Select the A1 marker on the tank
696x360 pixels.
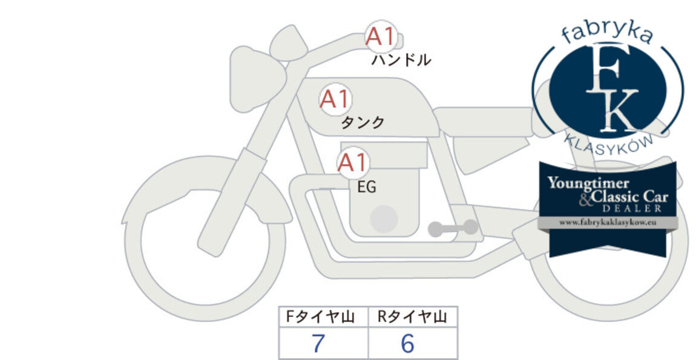[335, 99]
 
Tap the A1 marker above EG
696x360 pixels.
[353, 163]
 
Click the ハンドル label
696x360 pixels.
[401, 60]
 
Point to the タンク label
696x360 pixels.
[363, 122]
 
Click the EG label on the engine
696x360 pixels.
[367, 187]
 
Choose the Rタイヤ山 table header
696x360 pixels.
[412, 317]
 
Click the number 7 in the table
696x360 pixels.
[318, 343]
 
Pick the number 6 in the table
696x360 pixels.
[407, 343]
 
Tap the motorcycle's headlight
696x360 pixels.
[256, 79]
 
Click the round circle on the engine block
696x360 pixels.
[384, 218]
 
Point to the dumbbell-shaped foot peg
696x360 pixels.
[453, 228]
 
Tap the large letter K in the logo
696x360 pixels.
[618, 110]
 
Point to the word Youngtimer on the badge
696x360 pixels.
[588, 183]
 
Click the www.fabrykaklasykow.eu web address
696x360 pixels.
[607, 223]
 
